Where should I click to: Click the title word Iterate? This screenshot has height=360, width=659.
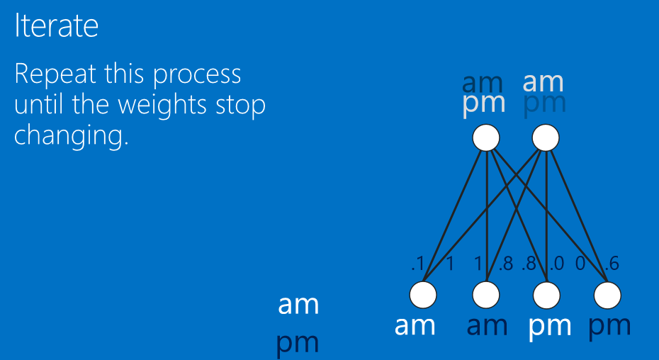tap(56, 26)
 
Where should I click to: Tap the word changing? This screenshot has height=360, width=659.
tap(71, 135)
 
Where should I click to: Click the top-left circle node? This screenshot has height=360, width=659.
tap(486, 137)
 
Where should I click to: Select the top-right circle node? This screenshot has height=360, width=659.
tap(545, 137)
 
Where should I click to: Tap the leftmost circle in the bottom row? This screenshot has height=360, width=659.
tap(424, 295)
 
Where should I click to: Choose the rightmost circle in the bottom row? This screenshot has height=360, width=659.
tap(607, 295)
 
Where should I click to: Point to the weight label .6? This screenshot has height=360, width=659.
tap(612, 264)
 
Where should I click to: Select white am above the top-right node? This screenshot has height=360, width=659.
tap(543, 82)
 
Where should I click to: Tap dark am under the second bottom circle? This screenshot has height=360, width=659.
tap(487, 325)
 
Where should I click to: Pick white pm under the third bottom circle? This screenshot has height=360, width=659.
tap(550, 327)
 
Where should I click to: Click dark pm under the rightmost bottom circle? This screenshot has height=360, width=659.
tap(609, 327)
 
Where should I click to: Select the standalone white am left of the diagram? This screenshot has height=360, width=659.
tap(298, 305)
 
